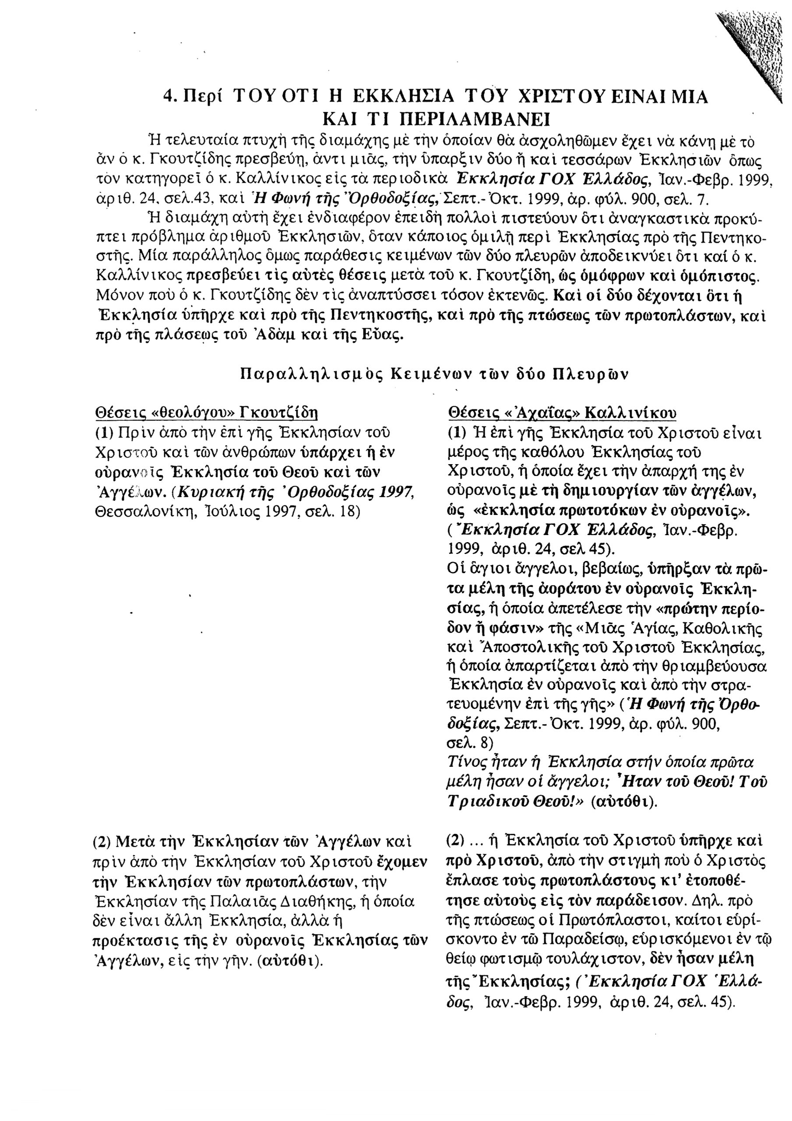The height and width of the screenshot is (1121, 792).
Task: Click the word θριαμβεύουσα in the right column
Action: tap(717, 666)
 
